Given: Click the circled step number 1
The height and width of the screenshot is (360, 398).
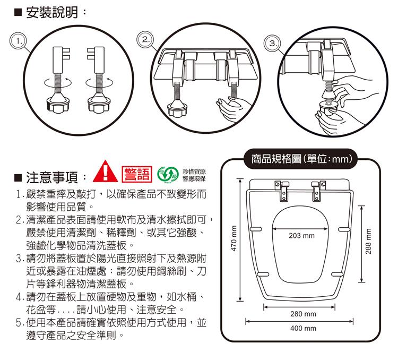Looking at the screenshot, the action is [x=18, y=41].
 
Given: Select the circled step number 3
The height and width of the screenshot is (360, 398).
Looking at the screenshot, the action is [x=273, y=43].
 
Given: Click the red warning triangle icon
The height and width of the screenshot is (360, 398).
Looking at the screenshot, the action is [x=106, y=172].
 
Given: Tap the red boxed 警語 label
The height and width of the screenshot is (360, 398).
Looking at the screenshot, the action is [x=137, y=174].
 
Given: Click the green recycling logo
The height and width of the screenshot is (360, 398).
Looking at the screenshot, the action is [x=168, y=175].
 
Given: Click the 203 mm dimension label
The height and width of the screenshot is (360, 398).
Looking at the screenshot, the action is [x=301, y=236].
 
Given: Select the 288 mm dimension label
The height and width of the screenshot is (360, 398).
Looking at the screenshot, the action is [x=368, y=241].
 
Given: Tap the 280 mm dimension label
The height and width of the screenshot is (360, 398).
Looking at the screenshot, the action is [x=304, y=314].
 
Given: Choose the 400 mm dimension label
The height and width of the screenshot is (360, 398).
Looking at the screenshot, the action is [x=304, y=328].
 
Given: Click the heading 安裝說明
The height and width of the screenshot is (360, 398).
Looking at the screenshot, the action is [x=52, y=12].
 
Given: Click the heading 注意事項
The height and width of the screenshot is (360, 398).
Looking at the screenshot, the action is [x=52, y=177].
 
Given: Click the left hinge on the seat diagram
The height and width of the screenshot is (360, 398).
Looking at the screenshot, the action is [x=282, y=191].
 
